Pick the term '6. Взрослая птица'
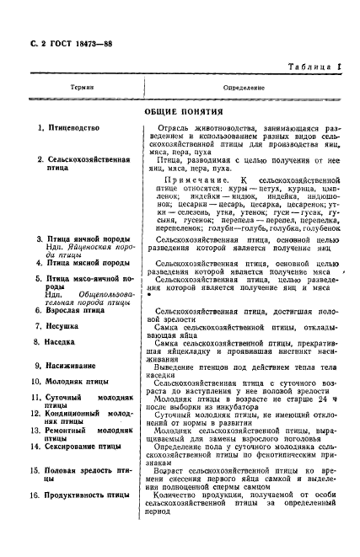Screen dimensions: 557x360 [x=70, y=310]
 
